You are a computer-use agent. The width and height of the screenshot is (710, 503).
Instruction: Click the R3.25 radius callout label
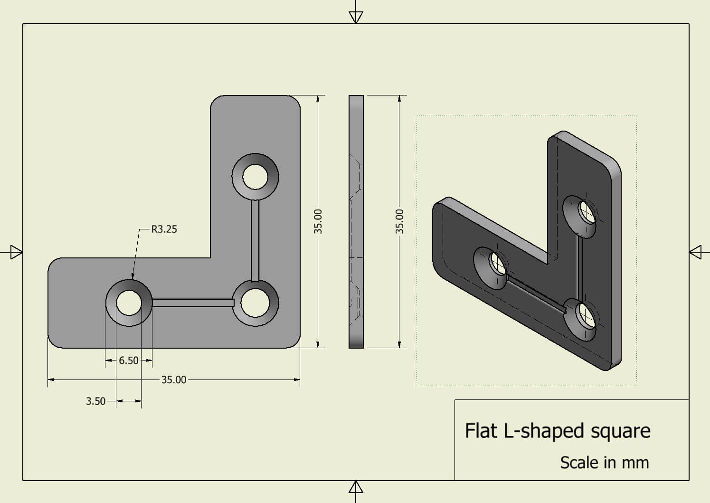(164, 229)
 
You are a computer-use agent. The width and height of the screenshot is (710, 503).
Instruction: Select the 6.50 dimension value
(129, 361)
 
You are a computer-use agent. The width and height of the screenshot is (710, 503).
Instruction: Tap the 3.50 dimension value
(95, 401)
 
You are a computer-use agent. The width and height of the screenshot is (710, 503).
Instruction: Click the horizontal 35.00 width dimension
(174, 380)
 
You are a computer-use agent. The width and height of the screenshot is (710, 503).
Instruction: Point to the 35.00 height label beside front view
(318, 221)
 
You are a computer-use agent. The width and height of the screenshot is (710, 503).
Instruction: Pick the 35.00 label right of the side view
(400, 221)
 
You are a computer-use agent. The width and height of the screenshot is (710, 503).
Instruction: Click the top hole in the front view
(255, 177)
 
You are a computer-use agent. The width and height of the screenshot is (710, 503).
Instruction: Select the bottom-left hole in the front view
(129, 303)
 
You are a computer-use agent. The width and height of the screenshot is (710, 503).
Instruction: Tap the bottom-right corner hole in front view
(255, 303)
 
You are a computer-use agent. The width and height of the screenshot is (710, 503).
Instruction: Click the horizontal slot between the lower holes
(193, 303)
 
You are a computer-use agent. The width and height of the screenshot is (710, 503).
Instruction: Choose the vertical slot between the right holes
(256, 240)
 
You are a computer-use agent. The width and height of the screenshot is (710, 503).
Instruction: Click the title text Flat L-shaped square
(557, 430)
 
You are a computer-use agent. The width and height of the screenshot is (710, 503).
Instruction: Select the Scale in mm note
(604, 462)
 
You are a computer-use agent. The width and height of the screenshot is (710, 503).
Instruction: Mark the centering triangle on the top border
(356, 17)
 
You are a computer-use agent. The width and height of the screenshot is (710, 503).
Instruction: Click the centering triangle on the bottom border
(356, 487)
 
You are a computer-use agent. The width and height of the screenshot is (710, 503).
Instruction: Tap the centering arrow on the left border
(16, 252)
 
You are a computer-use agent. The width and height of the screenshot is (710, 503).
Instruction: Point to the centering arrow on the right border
(695, 252)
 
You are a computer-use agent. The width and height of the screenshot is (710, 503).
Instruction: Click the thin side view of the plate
(356, 221)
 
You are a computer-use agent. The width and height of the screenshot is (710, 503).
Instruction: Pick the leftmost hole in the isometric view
(498, 263)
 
